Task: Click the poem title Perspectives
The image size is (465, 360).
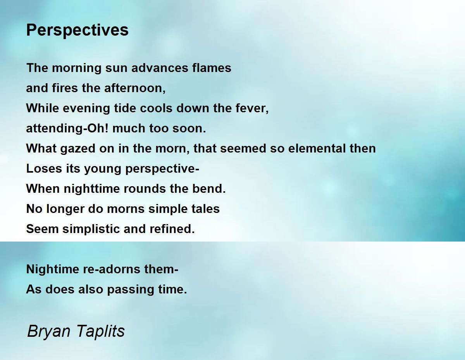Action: tap(77, 30)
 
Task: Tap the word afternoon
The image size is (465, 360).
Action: tap(135, 88)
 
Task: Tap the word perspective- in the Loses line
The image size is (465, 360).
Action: tap(162, 169)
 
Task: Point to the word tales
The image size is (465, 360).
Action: tap(206, 209)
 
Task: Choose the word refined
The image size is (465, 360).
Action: tap(172, 229)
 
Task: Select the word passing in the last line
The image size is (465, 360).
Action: tap(131, 290)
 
